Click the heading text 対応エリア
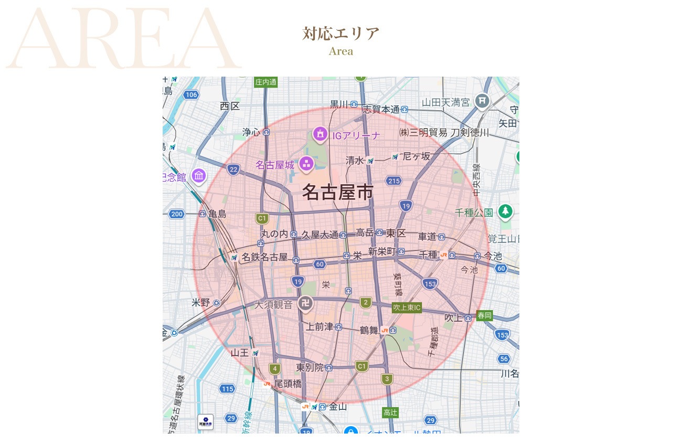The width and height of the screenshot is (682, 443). coord(340,34)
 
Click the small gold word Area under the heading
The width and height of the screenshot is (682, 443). coord(340,51)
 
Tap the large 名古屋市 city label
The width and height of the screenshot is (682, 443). coord(337,193)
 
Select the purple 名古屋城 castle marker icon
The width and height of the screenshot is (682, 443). coord(306,164)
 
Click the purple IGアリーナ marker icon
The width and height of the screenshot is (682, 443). coord(320,134)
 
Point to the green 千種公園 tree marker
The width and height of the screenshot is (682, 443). coord(505,212)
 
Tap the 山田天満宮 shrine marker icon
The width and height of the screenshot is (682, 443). coord(482,101)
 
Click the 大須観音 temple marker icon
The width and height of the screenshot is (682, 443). coord(305,303)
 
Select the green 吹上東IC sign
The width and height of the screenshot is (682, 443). coord(407,307)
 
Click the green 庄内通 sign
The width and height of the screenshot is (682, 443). coord(265,82)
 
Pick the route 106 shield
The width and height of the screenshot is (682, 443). coord(191,94)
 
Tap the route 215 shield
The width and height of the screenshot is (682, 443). coord(393,181)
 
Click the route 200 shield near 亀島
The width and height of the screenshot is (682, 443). coord(177,214)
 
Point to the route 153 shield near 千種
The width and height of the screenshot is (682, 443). coord(430,284)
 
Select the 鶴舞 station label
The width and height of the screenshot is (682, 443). coord(369,330)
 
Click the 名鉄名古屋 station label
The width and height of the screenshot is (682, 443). coord(264,257)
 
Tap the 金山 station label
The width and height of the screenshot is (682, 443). coord(338,406)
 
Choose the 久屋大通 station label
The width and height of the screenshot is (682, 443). coord(319,235)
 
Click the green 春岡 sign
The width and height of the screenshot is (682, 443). coord(484,315)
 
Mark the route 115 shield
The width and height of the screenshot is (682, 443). coord(227,389)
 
